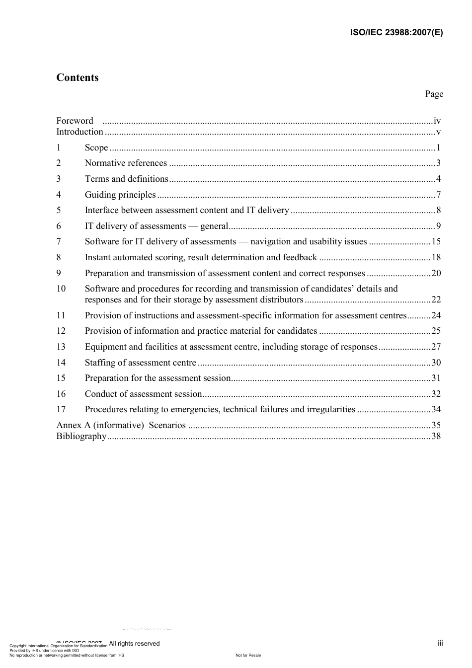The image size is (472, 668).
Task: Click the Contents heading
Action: click(78, 77)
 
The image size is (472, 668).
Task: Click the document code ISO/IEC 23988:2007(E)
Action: click(396, 33)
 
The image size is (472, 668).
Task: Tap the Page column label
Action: click(434, 94)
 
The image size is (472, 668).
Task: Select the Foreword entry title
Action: click(75, 121)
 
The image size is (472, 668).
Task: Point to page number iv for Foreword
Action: click(437, 121)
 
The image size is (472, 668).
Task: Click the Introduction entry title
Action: click(79, 132)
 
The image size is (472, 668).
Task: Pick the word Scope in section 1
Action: click(96, 148)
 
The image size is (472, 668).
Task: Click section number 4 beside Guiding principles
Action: click(59, 195)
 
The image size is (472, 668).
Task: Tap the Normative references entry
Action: click(126, 163)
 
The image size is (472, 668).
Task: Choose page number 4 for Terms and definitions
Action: click(438, 179)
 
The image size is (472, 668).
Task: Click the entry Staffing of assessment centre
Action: click(141, 363)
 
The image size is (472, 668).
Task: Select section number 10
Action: click(61, 289)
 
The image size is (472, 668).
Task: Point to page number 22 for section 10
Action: click(436, 299)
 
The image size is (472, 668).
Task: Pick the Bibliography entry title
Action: click(81, 436)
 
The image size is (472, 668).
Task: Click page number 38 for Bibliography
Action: click(436, 436)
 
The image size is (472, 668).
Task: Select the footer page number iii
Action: click(440, 643)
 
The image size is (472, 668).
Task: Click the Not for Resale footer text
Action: click(248, 655)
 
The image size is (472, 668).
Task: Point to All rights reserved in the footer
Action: click(134, 644)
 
